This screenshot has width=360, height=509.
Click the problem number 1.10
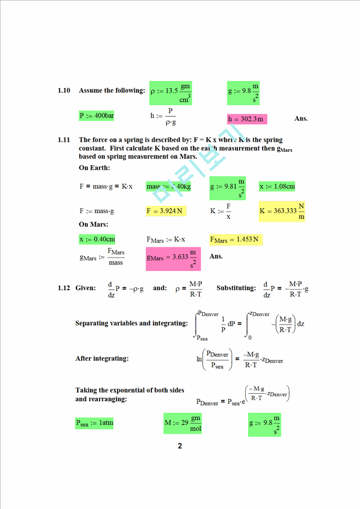tap(64, 91)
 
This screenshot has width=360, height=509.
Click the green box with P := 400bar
tap(97, 116)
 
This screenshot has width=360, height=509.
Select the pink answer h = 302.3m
tap(246, 119)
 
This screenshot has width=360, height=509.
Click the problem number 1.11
tap(64, 139)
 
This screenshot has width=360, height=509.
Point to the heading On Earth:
tap(94, 168)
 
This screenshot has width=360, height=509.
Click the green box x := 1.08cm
tap(277, 186)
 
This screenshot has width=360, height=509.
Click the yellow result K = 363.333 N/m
tap(282, 211)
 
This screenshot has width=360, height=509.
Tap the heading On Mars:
tap(94, 224)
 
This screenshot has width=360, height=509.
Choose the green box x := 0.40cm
tap(97, 239)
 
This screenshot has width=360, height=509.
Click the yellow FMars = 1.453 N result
tap(236, 240)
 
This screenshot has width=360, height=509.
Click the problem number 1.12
tap(64, 288)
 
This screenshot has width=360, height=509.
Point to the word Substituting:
tap(236, 288)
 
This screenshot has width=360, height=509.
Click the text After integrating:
tap(102, 358)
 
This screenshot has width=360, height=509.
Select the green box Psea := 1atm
tap(94, 422)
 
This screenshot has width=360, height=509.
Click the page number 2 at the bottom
tap(180, 446)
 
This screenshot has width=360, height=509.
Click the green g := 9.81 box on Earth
tap(228, 187)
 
